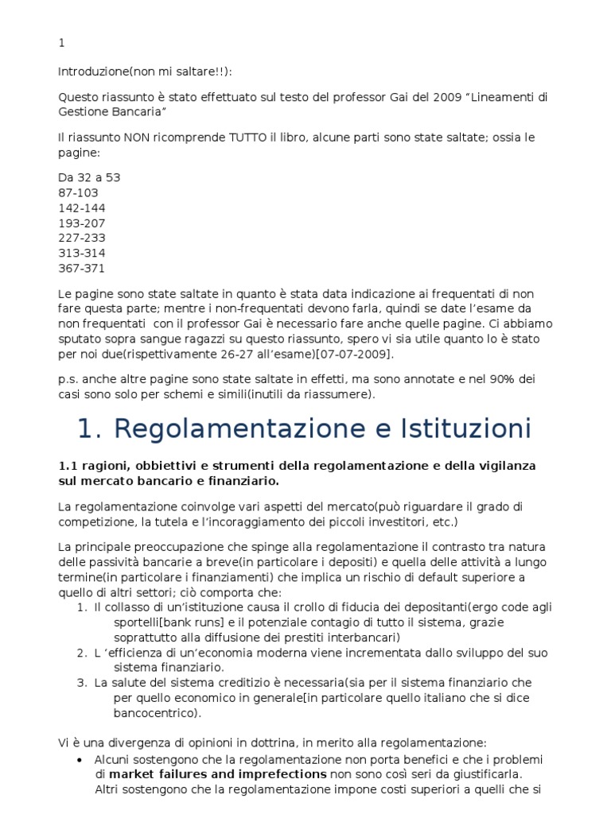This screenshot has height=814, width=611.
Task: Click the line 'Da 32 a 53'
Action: pyautogui.click(x=89, y=177)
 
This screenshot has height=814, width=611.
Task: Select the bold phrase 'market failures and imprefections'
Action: pyautogui.click(x=217, y=773)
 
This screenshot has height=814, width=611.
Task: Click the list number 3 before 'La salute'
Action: pyautogui.click(x=81, y=683)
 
